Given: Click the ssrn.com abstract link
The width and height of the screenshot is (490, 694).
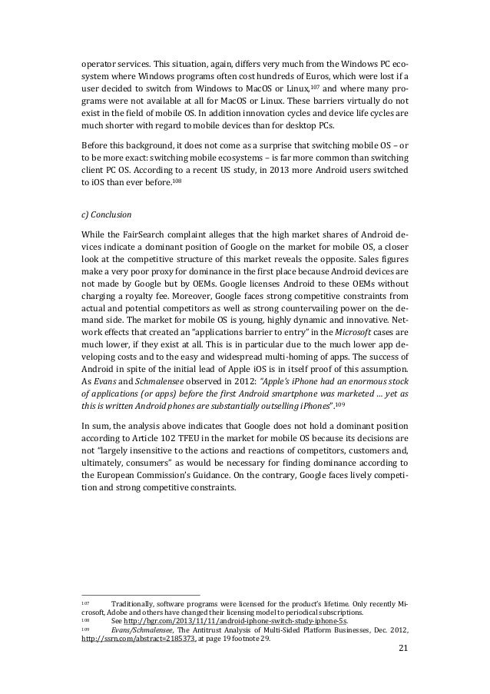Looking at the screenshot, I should click(x=138, y=637).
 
